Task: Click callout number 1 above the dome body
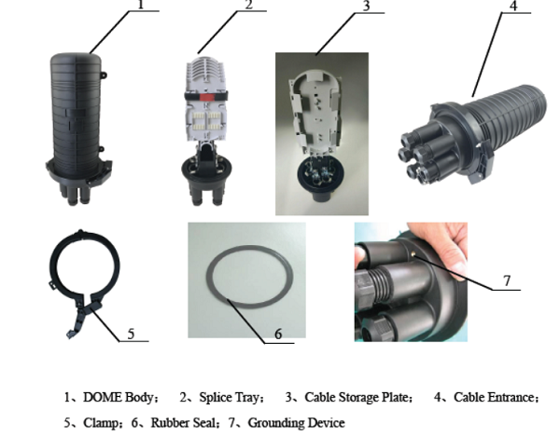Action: click(x=141, y=5)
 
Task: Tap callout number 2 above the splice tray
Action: click(x=248, y=5)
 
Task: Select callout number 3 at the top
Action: click(x=366, y=7)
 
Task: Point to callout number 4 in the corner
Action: click(x=513, y=6)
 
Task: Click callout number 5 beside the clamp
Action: click(x=131, y=334)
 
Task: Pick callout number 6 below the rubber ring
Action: click(x=278, y=334)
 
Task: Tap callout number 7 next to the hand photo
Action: click(x=507, y=280)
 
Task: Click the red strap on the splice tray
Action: click(x=206, y=97)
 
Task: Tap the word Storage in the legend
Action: click(x=358, y=398)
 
